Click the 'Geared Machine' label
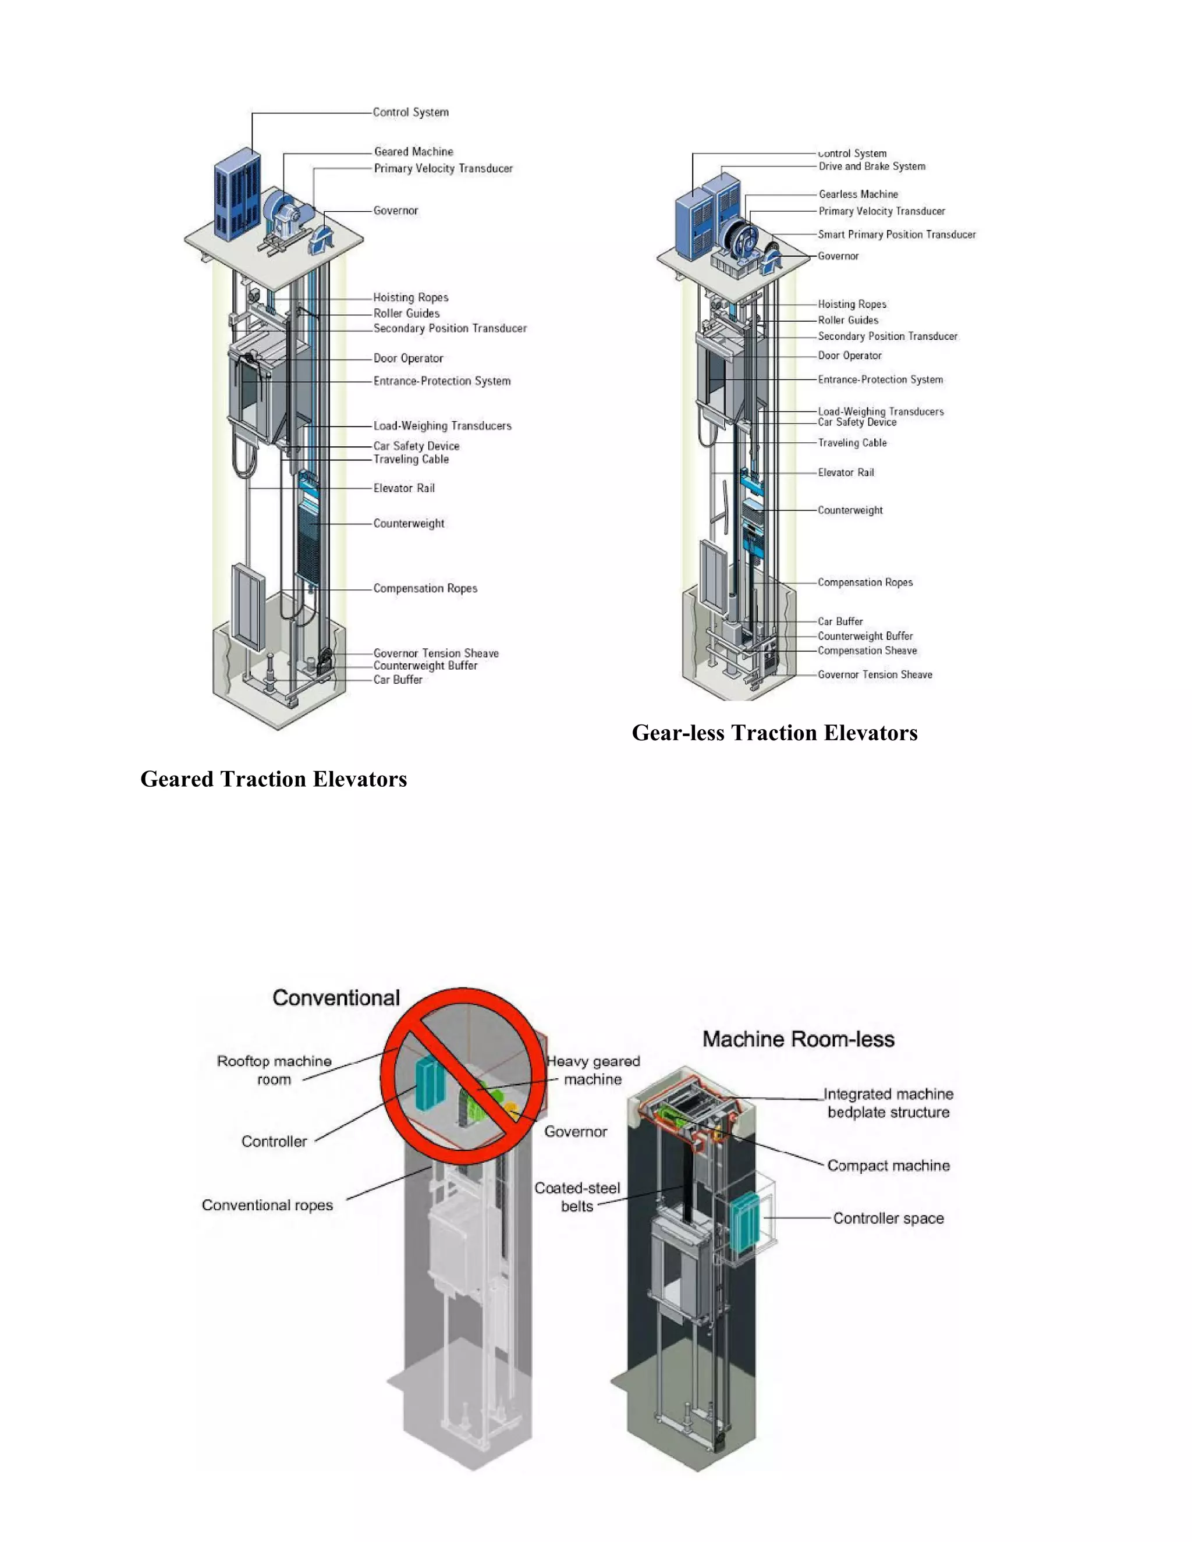click(x=413, y=152)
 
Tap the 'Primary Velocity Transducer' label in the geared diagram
click(x=443, y=169)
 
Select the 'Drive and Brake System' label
click(x=871, y=166)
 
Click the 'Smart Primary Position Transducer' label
click(x=896, y=235)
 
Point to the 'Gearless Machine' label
click(x=858, y=194)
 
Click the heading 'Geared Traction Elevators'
click(x=274, y=779)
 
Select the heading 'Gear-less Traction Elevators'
click(x=774, y=733)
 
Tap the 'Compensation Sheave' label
click(x=867, y=651)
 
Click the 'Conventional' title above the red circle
click(x=336, y=997)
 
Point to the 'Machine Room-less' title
click(x=798, y=1039)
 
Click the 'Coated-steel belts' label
click(x=577, y=1197)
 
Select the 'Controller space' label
click(x=888, y=1218)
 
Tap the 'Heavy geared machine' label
click(x=593, y=1070)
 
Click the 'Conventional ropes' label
click(x=267, y=1205)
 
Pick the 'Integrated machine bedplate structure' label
click(x=888, y=1103)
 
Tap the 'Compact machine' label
click(x=888, y=1166)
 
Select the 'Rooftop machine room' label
click(x=274, y=1070)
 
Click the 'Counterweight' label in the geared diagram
click(x=408, y=524)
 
